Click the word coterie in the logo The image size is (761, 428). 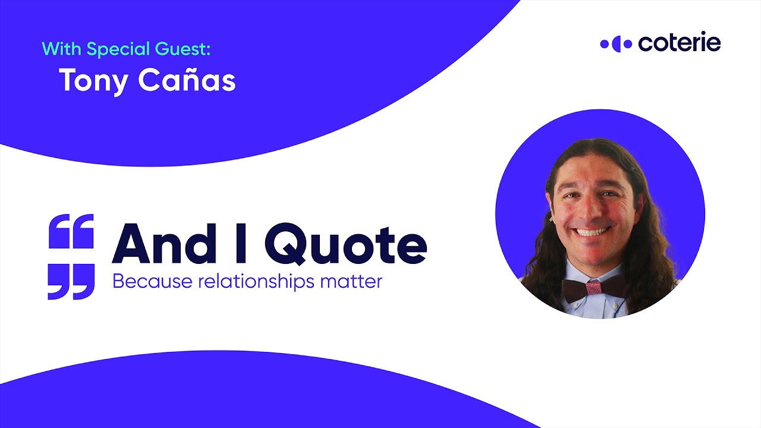tap(679, 43)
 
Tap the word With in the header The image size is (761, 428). tap(62, 48)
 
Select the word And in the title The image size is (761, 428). tap(162, 244)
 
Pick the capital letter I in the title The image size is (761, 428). tap(240, 244)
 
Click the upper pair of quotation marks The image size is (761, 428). tap(71, 231)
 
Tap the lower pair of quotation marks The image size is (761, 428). tap(71, 282)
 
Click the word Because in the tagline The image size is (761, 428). tap(146, 281)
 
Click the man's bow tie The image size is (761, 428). tap(594, 289)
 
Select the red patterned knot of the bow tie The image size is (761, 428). tap(594, 288)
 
